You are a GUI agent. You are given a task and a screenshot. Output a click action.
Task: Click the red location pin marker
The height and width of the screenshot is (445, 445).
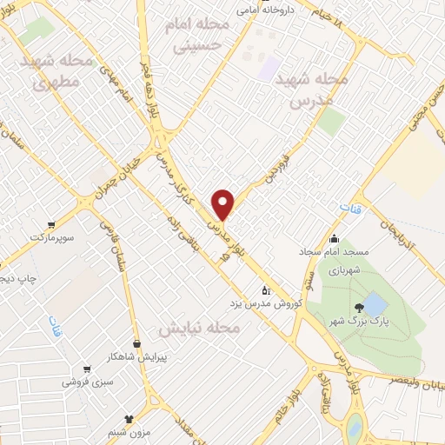click(x=224, y=204)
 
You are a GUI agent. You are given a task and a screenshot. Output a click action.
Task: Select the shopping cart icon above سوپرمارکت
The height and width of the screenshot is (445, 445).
click(x=52, y=223)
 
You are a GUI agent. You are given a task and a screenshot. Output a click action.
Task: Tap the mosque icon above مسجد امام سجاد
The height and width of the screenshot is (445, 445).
click(x=334, y=238)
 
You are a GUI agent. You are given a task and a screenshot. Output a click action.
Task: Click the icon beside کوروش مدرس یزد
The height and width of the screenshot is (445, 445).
click(x=267, y=291)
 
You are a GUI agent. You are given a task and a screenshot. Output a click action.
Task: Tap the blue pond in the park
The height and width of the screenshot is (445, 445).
click(x=375, y=304)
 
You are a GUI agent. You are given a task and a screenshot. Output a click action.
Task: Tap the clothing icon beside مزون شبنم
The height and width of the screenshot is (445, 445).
click(x=129, y=419)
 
